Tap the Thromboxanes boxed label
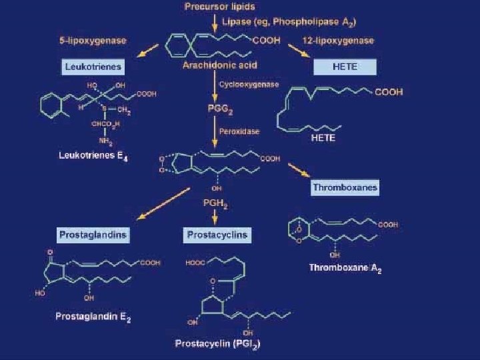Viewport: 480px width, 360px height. [x=345, y=187]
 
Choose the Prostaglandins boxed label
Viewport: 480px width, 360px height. [x=93, y=235]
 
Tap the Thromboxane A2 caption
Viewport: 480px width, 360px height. [x=345, y=269]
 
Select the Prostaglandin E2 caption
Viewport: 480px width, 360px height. [x=92, y=319]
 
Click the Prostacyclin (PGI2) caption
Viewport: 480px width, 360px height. [x=217, y=345]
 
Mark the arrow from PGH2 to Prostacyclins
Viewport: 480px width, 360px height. [x=214, y=217]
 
